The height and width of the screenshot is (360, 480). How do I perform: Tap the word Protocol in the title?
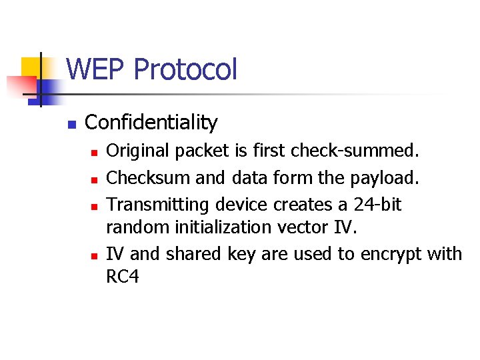tap(185, 69)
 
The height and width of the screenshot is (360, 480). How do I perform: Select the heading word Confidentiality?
tap(151, 123)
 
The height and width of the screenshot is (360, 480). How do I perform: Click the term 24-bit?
tap(378, 204)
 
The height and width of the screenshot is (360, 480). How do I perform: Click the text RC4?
tap(123, 277)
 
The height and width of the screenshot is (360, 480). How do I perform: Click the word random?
tap(138, 228)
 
